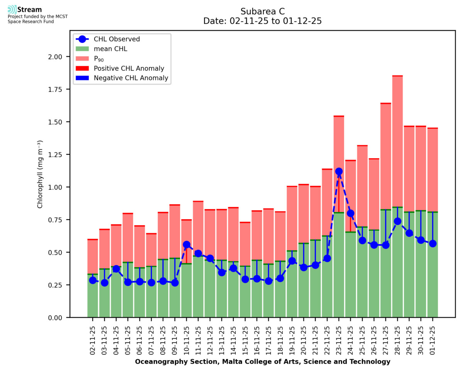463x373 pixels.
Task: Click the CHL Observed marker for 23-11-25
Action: coord(339,171)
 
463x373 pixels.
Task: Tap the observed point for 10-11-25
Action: coord(186,245)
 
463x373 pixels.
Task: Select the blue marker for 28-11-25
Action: coord(397,221)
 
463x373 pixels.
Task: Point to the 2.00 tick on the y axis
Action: coord(58,57)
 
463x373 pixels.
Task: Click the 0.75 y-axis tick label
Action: coord(58,220)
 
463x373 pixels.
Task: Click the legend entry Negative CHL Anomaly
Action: coord(131,78)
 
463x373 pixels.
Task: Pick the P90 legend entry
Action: coord(100,59)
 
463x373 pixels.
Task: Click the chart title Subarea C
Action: coord(262,11)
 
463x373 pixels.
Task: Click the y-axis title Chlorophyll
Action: coord(40,175)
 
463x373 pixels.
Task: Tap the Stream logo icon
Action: coord(12,9)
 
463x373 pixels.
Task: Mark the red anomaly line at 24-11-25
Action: coord(350,224)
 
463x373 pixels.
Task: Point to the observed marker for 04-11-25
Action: coord(116,269)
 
